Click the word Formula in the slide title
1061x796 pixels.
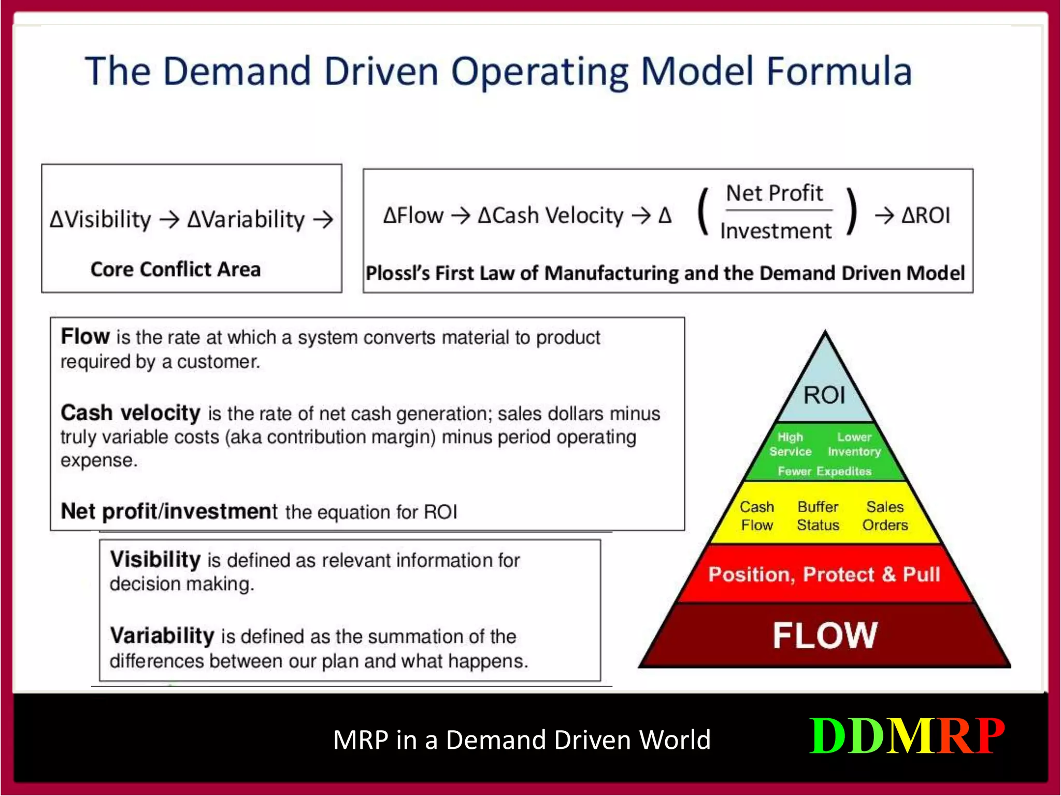pyautogui.click(x=839, y=72)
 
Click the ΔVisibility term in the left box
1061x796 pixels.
pyautogui.click(x=101, y=220)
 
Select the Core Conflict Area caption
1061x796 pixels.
pyautogui.click(x=175, y=269)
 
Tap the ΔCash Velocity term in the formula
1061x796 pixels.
pyautogui.click(x=550, y=216)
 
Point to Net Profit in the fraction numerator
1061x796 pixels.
pyautogui.click(x=774, y=193)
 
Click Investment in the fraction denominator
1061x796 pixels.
pyautogui.click(x=776, y=231)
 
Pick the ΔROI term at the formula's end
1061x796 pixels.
pyautogui.click(x=925, y=216)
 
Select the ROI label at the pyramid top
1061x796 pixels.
pyautogui.click(x=824, y=395)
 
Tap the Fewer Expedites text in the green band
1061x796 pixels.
pyautogui.click(x=824, y=471)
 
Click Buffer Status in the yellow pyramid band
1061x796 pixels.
pyautogui.click(x=818, y=516)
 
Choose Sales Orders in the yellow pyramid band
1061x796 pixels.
pyautogui.click(x=885, y=516)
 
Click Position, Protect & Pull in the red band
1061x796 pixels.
pyautogui.click(x=824, y=574)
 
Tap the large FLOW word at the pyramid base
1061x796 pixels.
pyautogui.click(x=825, y=635)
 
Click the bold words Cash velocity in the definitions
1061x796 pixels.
pyautogui.click(x=130, y=413)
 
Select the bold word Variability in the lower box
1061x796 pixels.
pyautogui.click(x=162, y=635)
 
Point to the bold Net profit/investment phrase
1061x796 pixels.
pyautogui.click(x=169, y=511)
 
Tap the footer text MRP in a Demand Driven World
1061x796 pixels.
pyautogui.click(x=522, y=740)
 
